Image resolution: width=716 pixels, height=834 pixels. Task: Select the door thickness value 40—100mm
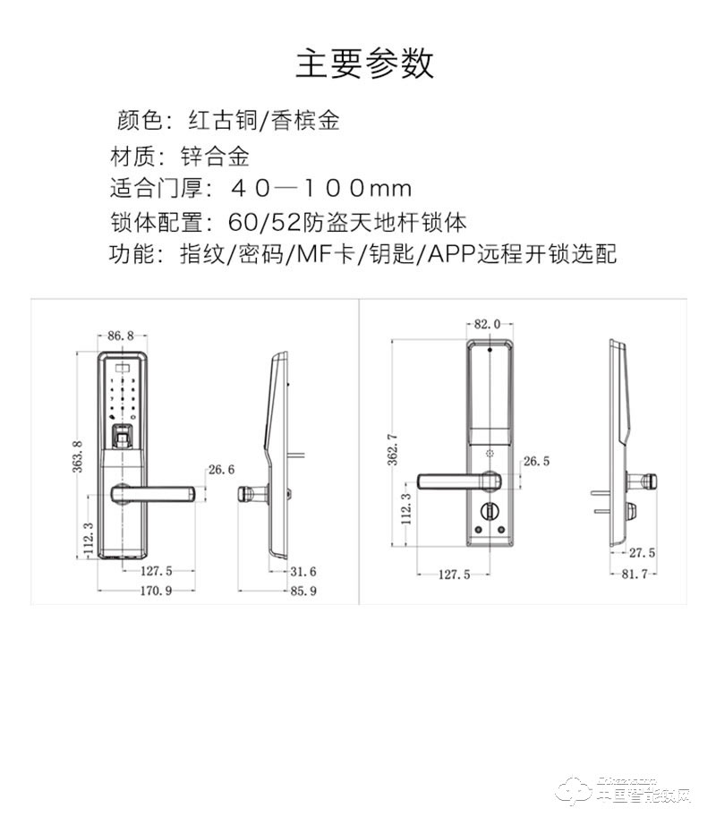click(320, 188)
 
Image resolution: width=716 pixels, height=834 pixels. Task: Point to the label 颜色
click(137, 119)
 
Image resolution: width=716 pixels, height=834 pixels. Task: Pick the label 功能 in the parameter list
click(132, 254)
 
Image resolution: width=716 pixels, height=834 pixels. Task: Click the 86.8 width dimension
click(120, 336)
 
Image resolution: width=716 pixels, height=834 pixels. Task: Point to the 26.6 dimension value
click(220, 469)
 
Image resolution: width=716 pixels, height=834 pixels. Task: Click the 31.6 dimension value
click(305, 571)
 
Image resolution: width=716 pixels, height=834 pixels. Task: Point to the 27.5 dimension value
click(642, 553)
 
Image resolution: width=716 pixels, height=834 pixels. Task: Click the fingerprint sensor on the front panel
click(123, 438)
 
